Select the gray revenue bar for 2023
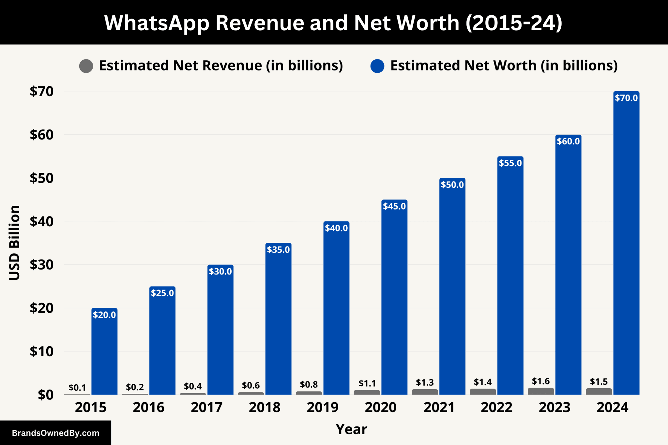pyautogui.click(x=541, y=391)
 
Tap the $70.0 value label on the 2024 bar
pyautogui.click(x=626, y=98)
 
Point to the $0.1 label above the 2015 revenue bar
pyautogui.click(x=77, y=388)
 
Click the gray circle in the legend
pyautogui.click(x=86, y=66)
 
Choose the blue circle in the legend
pyautogui.click(x=377, y=66)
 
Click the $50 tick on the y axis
pyautogui.click(x=41, y=178)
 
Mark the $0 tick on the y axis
pyautogui.click(x=45, y=395)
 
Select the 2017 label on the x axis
pyautogui.click(x=206, y=408)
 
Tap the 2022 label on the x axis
pyautogui.click(x=496, y=408)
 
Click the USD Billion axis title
pyautogui.click(x=15, y=243)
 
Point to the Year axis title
pyautogui.click(x=351, y=429)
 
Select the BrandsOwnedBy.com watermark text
pyautogui.click(x=55, y=433)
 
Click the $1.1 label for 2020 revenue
pyautogui.click(x=367, y=383)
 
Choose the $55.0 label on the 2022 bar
pyautogui.click(x=510, y=163)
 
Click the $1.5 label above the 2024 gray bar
pyautogui.click(x=599, y=381)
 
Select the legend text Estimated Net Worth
pyautogui.click(x=463, y=66)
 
